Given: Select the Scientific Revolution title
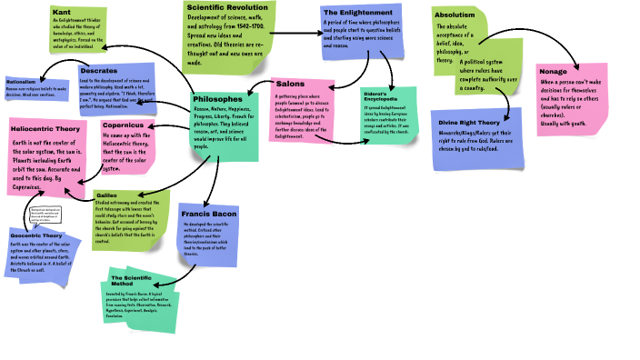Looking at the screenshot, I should pos(221,6).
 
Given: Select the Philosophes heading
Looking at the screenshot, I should pos(218,97).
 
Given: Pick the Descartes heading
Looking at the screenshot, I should pos(99,70).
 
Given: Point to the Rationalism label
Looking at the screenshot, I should pos(22,82).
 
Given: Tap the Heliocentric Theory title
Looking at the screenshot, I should pos(45,130).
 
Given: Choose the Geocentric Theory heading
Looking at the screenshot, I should pos(36,235).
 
